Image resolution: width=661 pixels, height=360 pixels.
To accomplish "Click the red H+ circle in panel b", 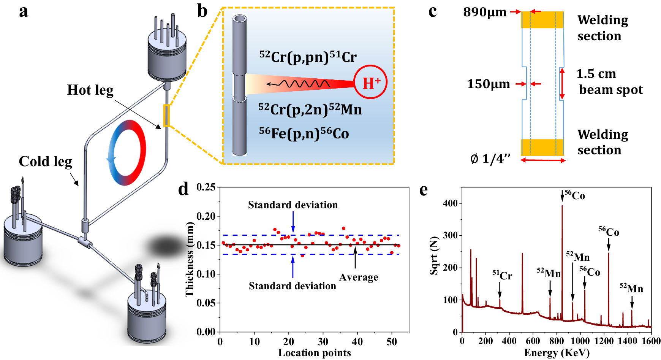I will coord(370,82).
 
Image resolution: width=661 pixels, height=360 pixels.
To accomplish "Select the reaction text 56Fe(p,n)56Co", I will coord(304,133).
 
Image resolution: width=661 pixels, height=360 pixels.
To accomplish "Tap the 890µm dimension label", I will coord(485,12).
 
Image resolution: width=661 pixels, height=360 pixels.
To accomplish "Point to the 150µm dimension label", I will coord(489,84).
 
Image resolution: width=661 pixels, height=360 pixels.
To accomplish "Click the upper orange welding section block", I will coord(542,20).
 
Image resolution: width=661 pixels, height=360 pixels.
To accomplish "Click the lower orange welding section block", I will coord(542,147).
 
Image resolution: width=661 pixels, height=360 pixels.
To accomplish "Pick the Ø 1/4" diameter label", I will coord(490,159).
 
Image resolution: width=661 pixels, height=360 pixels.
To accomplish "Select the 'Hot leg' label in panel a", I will coord(90,90).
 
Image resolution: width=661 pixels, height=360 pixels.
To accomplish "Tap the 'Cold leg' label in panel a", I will coord(45,161).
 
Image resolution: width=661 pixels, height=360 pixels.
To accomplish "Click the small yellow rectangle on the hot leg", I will coord(166,115).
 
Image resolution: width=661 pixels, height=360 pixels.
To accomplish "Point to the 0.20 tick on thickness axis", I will coord(206,216).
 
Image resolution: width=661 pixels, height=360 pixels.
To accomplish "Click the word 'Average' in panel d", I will coord(359,277).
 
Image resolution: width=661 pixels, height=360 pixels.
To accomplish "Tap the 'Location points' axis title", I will coord(315,353).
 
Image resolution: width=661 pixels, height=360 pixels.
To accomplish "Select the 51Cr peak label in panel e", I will coord(502,275).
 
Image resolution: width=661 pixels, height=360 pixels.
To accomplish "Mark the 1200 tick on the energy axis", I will coord(604,341).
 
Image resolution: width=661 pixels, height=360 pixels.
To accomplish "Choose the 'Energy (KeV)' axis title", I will coord(557,353).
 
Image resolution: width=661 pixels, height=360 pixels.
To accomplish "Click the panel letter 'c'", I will coord(432,11).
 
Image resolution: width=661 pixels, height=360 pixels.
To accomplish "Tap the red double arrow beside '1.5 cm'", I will coord(562,84).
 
